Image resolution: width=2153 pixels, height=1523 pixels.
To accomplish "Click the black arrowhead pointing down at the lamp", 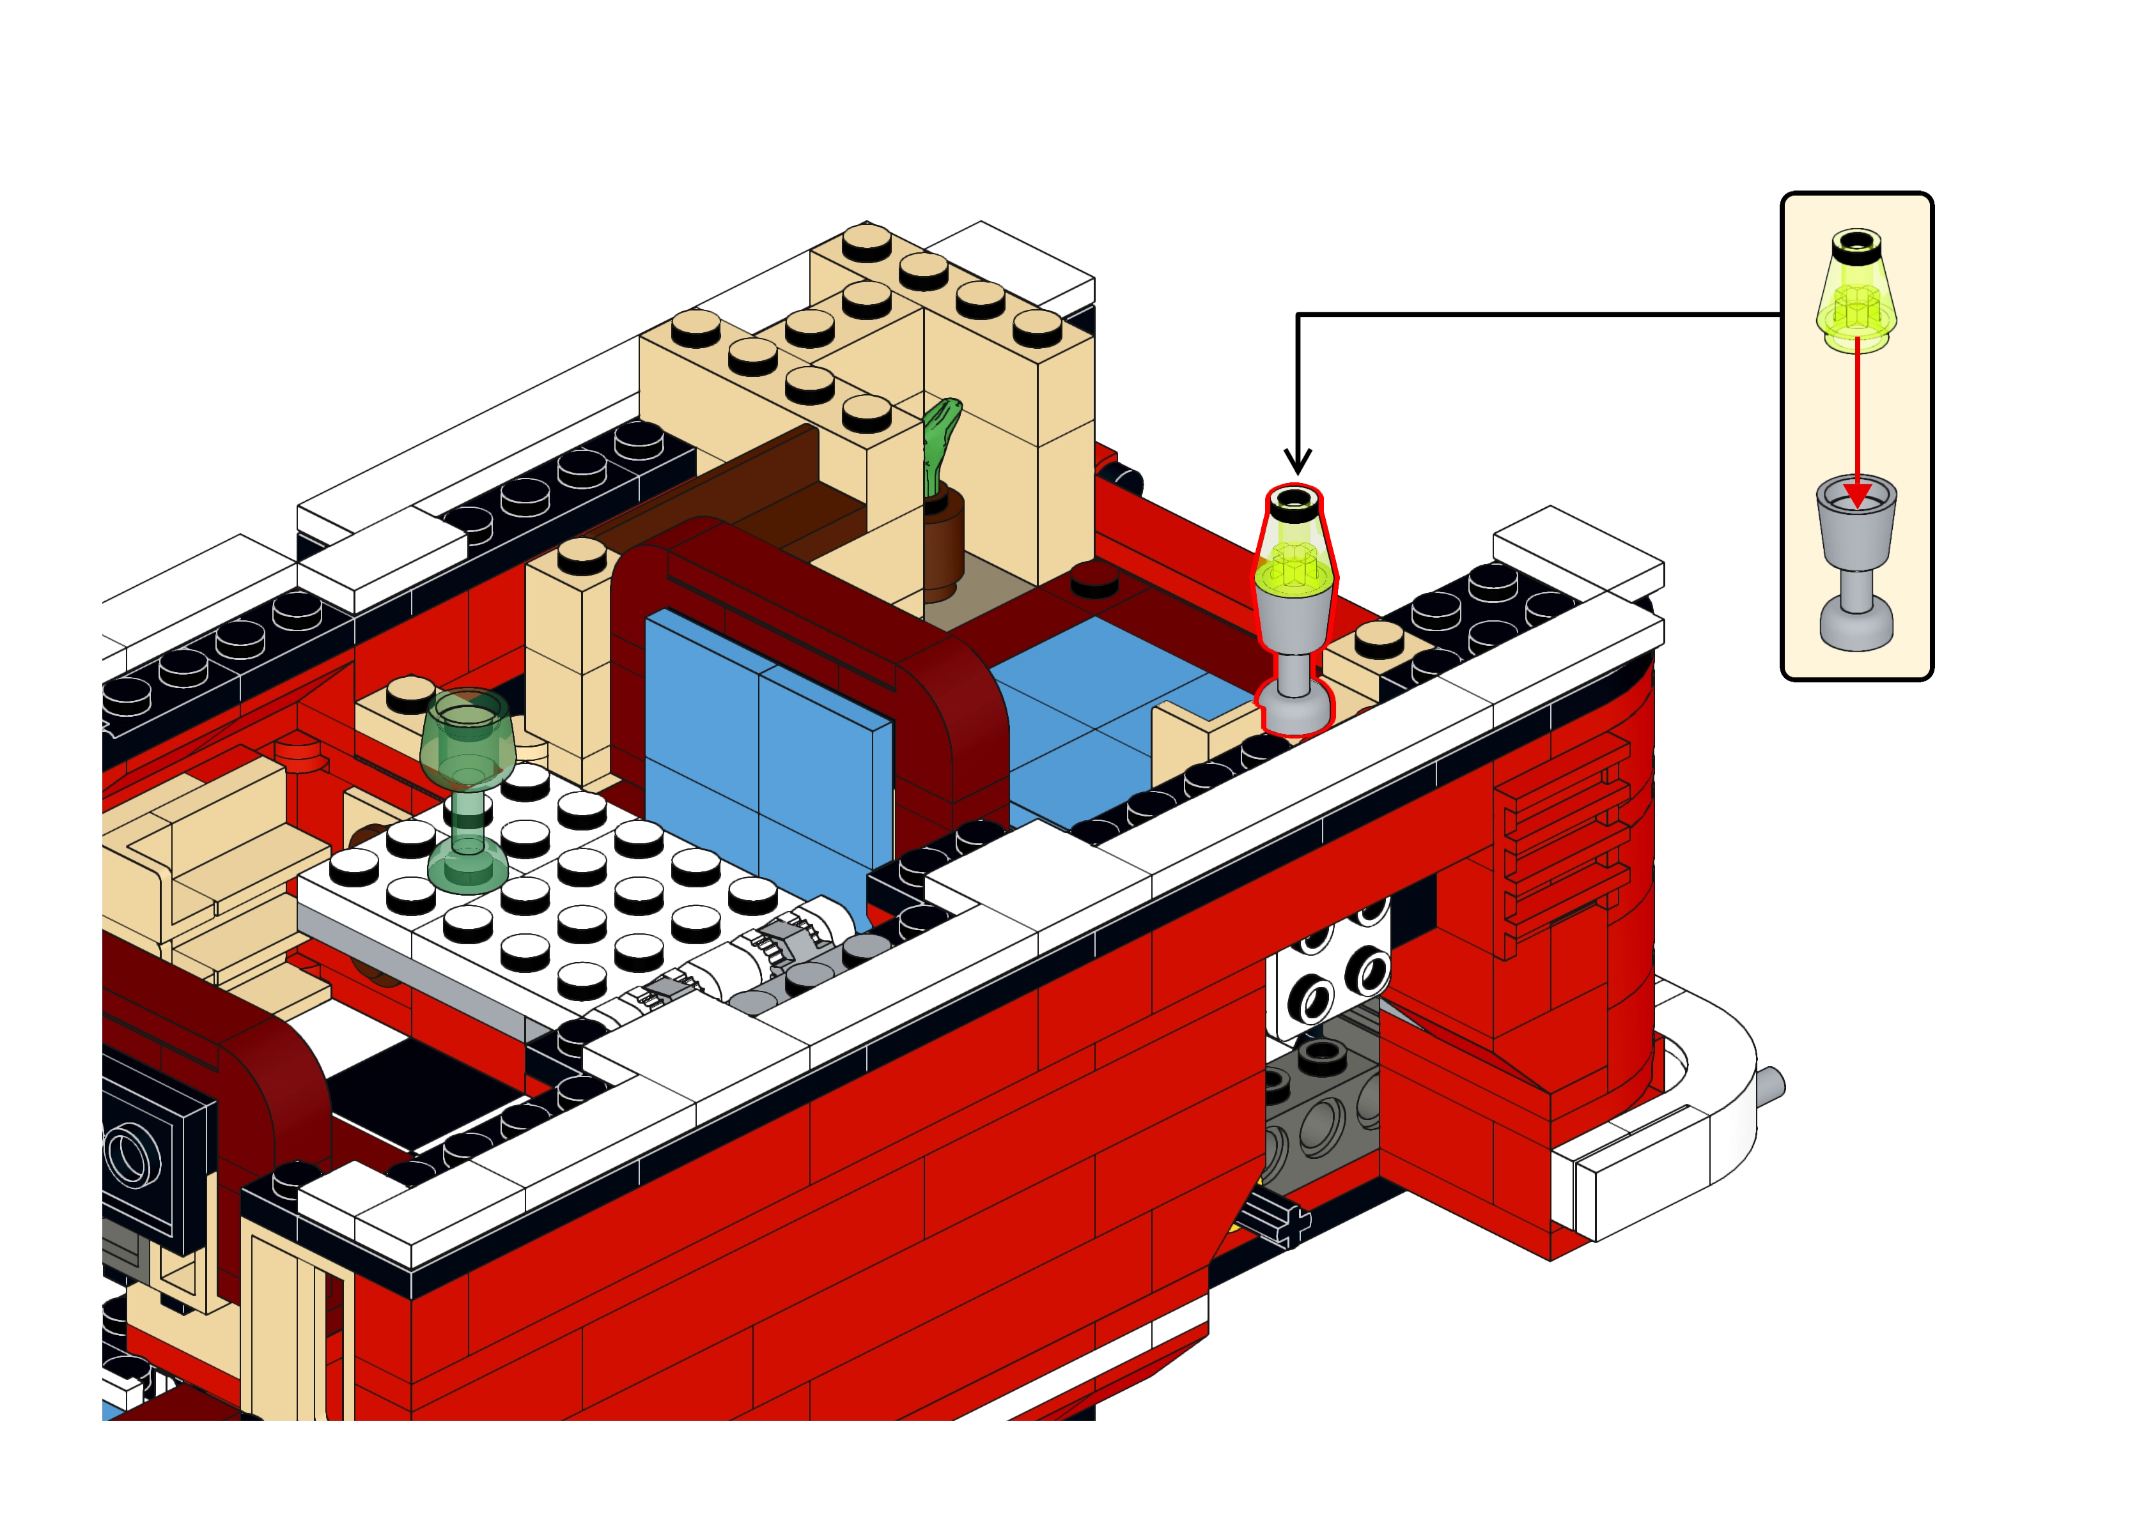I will point(1298,459).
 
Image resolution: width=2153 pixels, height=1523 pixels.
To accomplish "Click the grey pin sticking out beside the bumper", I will point(1773,1086).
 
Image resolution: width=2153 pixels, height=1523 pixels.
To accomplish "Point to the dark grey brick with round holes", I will point(1314,1116).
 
